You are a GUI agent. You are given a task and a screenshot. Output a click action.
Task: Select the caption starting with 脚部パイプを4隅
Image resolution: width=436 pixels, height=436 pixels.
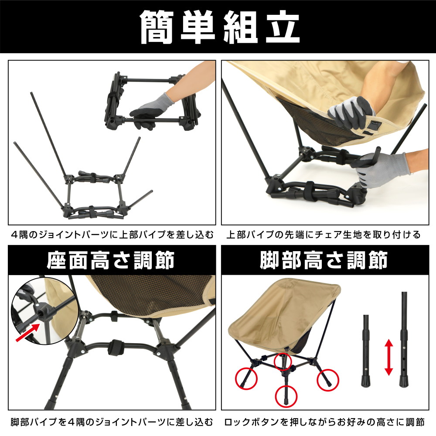pyautogui.click(x=112, y=422)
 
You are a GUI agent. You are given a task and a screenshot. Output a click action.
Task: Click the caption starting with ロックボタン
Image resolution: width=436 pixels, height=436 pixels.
pyautogui.click(x=324, y=422)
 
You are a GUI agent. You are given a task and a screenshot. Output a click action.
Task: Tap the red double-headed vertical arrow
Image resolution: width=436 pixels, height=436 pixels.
pyautogui.click(x=389, y=358)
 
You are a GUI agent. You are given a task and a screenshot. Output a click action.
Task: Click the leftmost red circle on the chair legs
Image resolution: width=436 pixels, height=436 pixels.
pyautogui.click(x=247, y=377)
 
